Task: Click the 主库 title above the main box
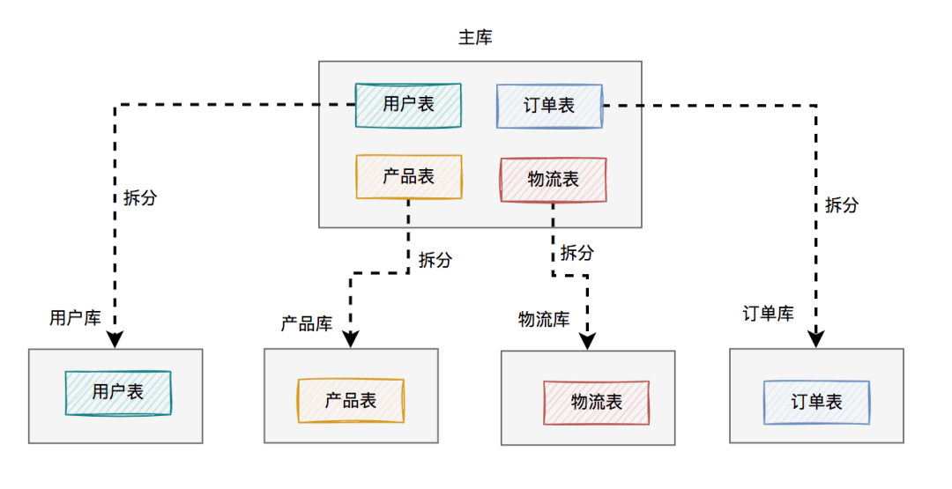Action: pyautogui.click(x=475, y=38)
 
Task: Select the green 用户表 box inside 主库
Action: pyautogui.click(x=408, y=105)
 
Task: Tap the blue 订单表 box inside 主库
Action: pyautogui.click(x=549, y=106)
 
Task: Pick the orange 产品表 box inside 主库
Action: pyautogui.click(x=408, y=176)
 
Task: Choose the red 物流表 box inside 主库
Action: pyautogui.click(x=553, y=180)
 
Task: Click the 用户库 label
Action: pyautogui.click(x=75, y=318)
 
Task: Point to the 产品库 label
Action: pyautogui.click(x=306, y=323)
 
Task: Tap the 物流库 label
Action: pyautogui.click(x=543, y=319)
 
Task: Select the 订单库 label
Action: pyautogui.click(x=768, y=314)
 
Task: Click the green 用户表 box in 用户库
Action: pyautogui.click(x=118, y=392)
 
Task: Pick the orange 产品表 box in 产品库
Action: pyautogui.click(x=351, y=401)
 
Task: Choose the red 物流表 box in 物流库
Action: pyautogui.click(x=596, y=403)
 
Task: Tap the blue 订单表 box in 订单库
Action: pyautogui.click(x=816, y=403)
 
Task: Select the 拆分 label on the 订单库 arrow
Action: pyautogui.click(x=841, y=205)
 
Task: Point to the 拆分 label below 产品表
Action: pyautogui.click(x=435, y=260)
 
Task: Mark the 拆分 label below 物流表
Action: pyautogui.click(x=576, y=254)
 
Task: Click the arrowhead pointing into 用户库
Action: pyautogui.click(x=115, y=339)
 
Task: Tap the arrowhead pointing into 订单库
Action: pyautogui.click(x=816, y=338)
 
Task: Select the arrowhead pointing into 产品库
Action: pyautogui.click(x=351, y=339)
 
